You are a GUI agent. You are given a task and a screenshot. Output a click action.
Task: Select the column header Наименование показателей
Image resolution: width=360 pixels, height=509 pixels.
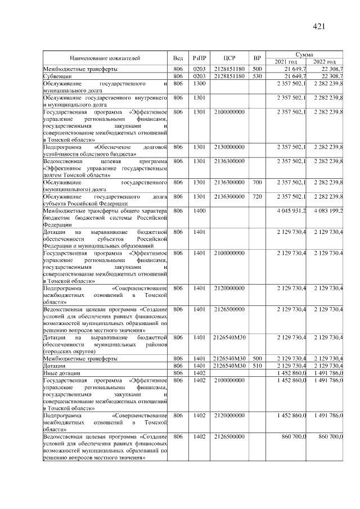pos(105,58)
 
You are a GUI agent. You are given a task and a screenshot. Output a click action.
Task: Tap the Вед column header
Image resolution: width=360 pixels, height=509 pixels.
pos(178,58)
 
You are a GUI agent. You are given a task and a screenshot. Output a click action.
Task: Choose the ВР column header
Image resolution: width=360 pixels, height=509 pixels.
pos(257,58)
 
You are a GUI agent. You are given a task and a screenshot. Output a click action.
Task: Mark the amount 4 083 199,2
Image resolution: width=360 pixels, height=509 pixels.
pos(328,210)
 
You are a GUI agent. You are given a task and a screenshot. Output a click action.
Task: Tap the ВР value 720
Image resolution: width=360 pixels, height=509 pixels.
pos(257,196)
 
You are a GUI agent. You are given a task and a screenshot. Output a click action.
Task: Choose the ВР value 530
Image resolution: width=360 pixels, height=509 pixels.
pos(257,76)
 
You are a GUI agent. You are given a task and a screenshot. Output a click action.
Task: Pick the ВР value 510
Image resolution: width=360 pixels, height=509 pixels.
pos(257,366)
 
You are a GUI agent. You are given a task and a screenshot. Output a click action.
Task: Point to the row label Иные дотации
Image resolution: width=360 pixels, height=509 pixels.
pos(61,372)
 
